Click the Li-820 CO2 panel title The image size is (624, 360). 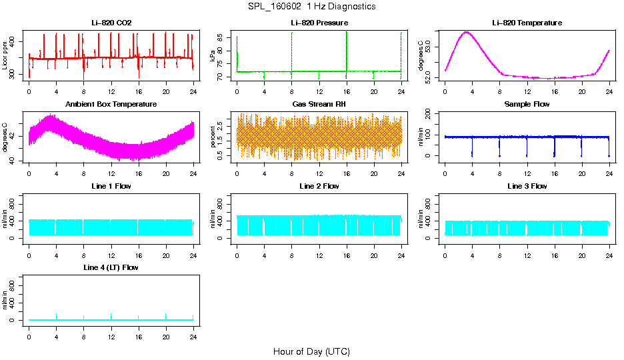pyautogui.click(x=111, y=23)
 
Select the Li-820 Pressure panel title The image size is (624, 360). pyautogui.click(x=319, y=23)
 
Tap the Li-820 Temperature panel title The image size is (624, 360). pyautogui.click(x=527, y=23)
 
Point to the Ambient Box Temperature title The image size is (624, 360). pyautogui.click(x=111, y=104)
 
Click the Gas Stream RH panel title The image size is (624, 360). pyautogui.click(x=319, y=104)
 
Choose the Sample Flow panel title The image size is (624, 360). pyautogui.click(x=527, y=104)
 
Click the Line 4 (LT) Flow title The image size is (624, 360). pyautogui.click(x=111, y=267)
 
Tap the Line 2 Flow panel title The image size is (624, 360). pyautogui.click(x=319, y=186)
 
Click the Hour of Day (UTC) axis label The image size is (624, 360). pyautogui.click(x=311, y=351)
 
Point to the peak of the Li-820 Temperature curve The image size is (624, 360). pyautogui.click(x=467, y=32)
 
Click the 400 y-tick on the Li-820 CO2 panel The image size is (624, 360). pyautogui.click(x=14, y=41)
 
